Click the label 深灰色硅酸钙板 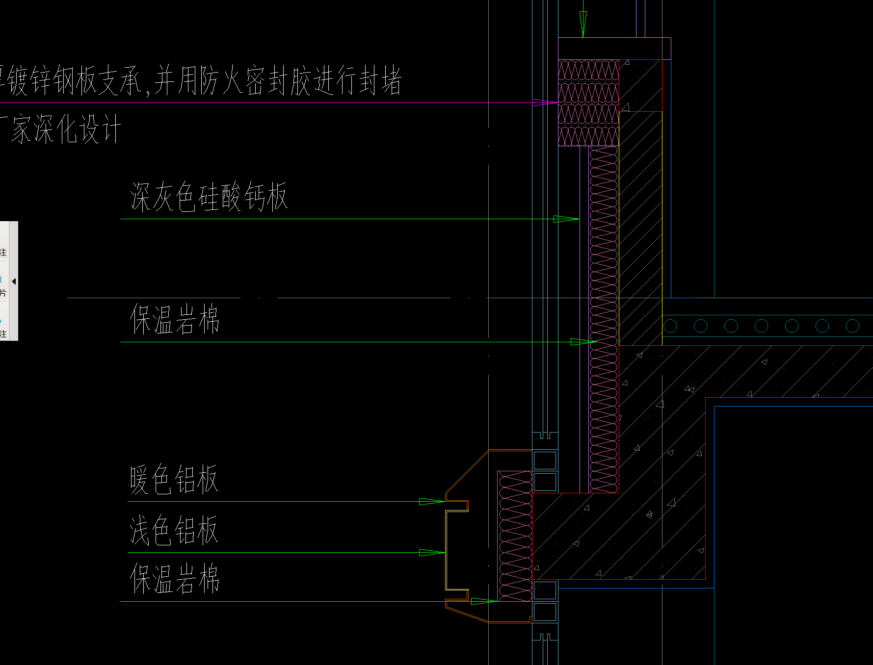coord(209,197)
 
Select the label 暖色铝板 coord(173,479)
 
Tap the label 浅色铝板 coord(173,530)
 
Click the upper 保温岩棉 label coord(175,319)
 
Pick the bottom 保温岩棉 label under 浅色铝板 coord(175,579)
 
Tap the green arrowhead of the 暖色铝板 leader coord(431,501)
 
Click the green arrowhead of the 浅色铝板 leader coord(431,553)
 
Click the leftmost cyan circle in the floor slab coord(670,326)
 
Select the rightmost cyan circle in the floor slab coord(852,326)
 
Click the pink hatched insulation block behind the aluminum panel coord(515,536)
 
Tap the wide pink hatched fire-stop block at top coord(588,103)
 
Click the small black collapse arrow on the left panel coord(14,281)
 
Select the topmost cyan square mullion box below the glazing coord(545,460)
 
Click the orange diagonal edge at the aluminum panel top coord(466,471)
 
